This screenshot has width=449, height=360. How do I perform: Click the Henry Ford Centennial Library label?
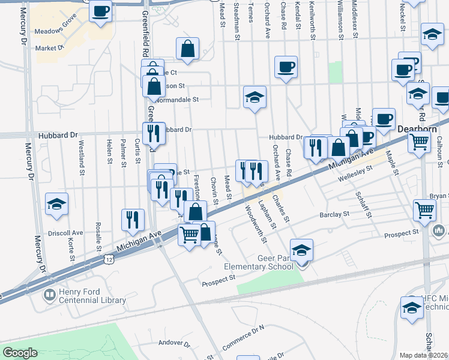pyautogui.click(x=92, y=296)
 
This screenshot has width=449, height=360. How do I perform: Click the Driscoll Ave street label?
pyautogui.click(x=65, y=232)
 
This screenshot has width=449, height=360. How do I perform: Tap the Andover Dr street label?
pyautogui.click(x=173, y=344)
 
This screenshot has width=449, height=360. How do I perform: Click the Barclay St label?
pyautogui.click(x=334, y=214)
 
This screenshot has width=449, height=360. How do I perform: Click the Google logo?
pyautogui.click(x=20, y=353)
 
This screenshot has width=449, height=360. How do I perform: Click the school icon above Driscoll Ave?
pyautogui.click(x=56, y=204)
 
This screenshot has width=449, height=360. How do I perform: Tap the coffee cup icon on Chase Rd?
pyautogui.click(x=286, y=67)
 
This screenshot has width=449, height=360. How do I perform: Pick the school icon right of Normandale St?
pyautogui.click(x=255, y=97)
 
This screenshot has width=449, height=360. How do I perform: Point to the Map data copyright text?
pyautogui.click(x=424, y=355)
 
